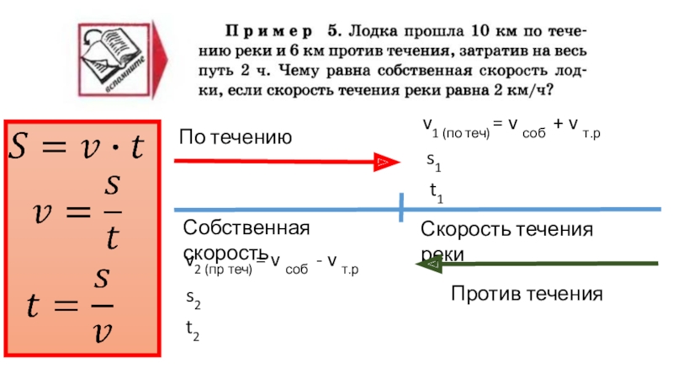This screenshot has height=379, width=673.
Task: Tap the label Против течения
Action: click(527, 293)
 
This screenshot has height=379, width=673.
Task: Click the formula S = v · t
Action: click(77, 147)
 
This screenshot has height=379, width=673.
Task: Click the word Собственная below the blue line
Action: click(246, 228)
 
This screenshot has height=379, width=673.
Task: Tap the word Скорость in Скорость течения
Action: click(463, 230)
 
